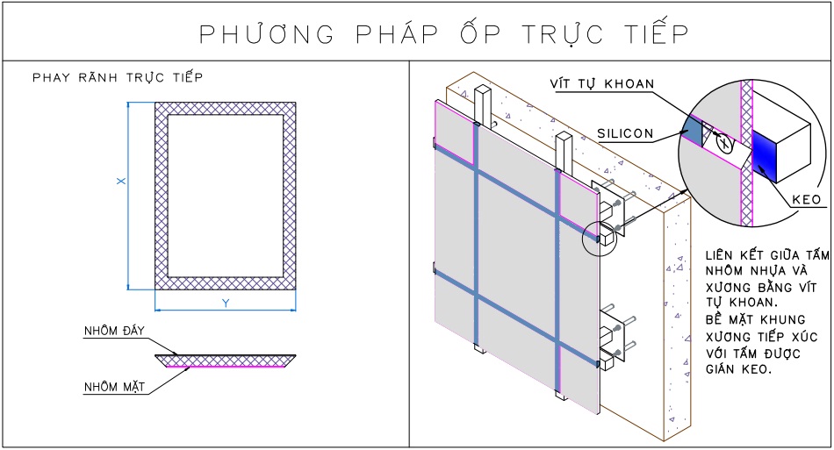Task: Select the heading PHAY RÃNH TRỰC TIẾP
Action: pyautogui.click(x=118, y=77)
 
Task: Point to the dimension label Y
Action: pyautogui.click(x=225, y=303)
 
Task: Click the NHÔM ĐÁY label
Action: pyautogui.click(x=113, y=330)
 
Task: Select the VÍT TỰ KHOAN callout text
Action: pyautogui.click(x=601, y=83)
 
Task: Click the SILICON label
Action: pyautogui.click(x=625, y=133)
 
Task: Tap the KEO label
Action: pyautogui.click(x=805, y=199)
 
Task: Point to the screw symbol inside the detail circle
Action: pyautogui.click(x=725, y=142)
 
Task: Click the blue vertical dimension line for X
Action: pyautogui.click(x=129, y=195)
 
